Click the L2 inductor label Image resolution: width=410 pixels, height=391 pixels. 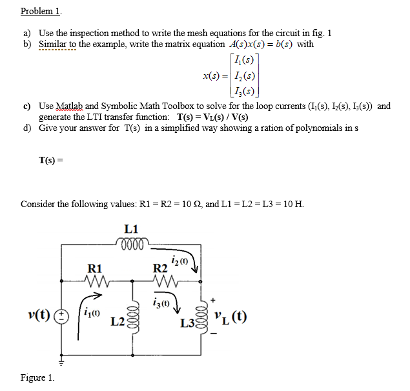tap(118, 321)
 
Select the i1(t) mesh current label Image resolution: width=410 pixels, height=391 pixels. tap(94, 315)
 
